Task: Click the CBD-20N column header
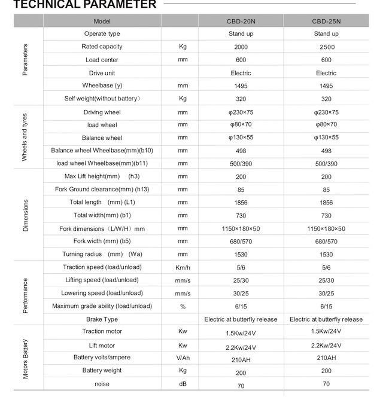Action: (241, 21)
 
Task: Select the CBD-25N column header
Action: (326, 21)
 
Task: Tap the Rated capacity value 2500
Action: (326, 47)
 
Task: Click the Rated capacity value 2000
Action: (241, 47)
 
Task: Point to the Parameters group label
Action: (25, 60)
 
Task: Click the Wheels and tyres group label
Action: (25, 138)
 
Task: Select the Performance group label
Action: (25, 293)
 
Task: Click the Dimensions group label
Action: (25, 215)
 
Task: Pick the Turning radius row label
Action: (102, 254)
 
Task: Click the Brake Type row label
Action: (102, 319)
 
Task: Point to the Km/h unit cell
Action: (183, 267)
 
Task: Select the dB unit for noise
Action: (183, 384)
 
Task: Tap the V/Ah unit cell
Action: (183, 358)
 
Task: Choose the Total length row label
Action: (102, 203)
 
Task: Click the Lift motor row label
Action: (102, 346)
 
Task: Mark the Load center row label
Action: (102, 60)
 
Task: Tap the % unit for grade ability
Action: (183, 306)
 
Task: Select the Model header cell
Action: (102, 21)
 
